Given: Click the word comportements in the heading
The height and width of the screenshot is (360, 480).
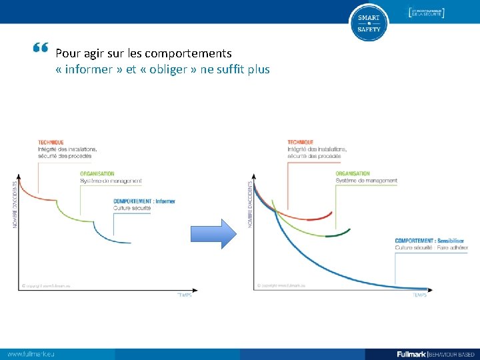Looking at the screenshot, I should point(188,53).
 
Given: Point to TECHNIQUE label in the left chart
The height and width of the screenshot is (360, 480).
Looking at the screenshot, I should point(51,142).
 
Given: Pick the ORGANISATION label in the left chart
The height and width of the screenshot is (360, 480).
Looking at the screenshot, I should point(97,174).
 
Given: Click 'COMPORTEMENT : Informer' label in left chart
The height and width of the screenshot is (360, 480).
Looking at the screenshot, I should point(144,201).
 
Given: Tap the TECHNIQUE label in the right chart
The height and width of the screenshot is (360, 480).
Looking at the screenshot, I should point(301,142).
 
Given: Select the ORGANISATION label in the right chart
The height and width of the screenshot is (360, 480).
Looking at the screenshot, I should point(353,173).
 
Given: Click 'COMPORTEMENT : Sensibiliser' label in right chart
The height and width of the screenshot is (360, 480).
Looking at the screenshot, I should point(429,241).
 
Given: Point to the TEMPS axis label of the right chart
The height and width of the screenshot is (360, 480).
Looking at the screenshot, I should point(419,295).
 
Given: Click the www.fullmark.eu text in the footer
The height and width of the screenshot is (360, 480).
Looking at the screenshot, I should point(31,353).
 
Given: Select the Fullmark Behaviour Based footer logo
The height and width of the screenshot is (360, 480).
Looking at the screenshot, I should point(434,353).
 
